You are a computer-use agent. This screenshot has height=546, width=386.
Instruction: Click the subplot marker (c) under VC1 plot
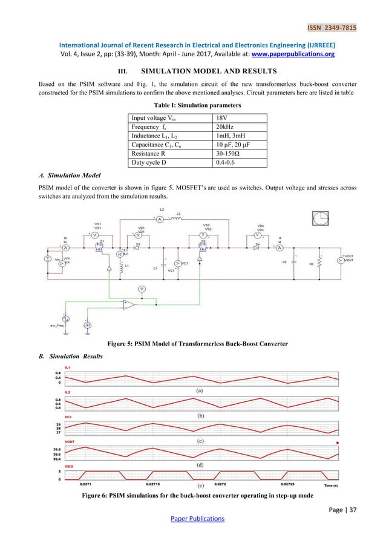click(x=199, y=441)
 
